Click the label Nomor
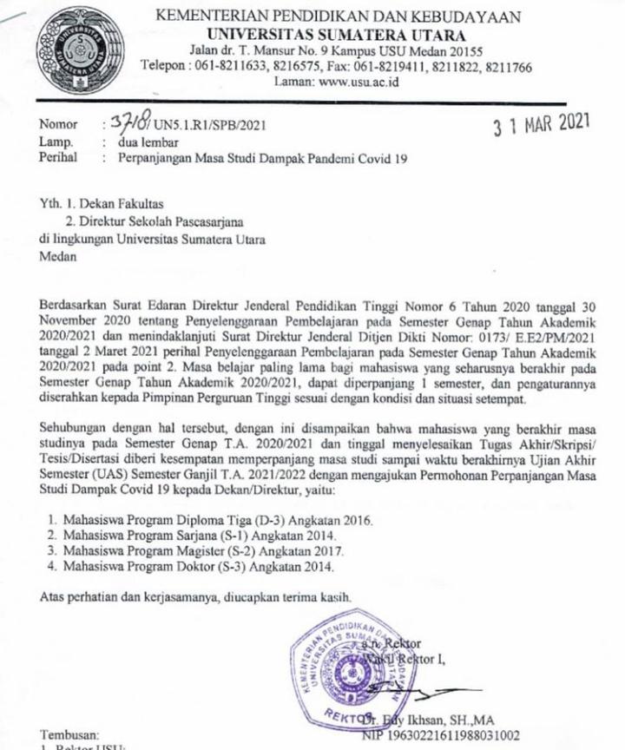tap(58, 126)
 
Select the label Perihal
tap(60, 158)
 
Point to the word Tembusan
tap(70, 734)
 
